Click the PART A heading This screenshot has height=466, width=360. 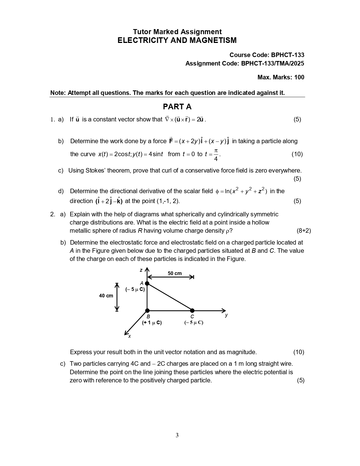(177, 107)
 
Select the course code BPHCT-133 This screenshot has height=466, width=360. (287, 55)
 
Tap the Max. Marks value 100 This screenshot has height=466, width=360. (299, 77)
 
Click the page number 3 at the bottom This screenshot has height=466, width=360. (177, 435)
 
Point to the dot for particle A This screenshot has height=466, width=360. (147, 283)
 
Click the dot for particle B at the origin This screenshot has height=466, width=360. (147, 311)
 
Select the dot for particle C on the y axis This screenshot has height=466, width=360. (192, 311)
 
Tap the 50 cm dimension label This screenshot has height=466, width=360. (174, 273)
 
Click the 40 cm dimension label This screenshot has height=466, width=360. (106, 296)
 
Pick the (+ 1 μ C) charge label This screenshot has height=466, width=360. (152, 323)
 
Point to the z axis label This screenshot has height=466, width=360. (141, 270)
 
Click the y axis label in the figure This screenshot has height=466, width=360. (226, 315)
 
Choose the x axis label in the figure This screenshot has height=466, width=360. (130, 336)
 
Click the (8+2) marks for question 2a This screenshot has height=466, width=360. (304, 231)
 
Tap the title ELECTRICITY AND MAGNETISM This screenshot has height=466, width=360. (177, 40)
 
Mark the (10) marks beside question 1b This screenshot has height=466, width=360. (297, 154)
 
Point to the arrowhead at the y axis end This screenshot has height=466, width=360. (224, 311)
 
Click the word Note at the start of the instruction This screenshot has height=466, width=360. (58, 93)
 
